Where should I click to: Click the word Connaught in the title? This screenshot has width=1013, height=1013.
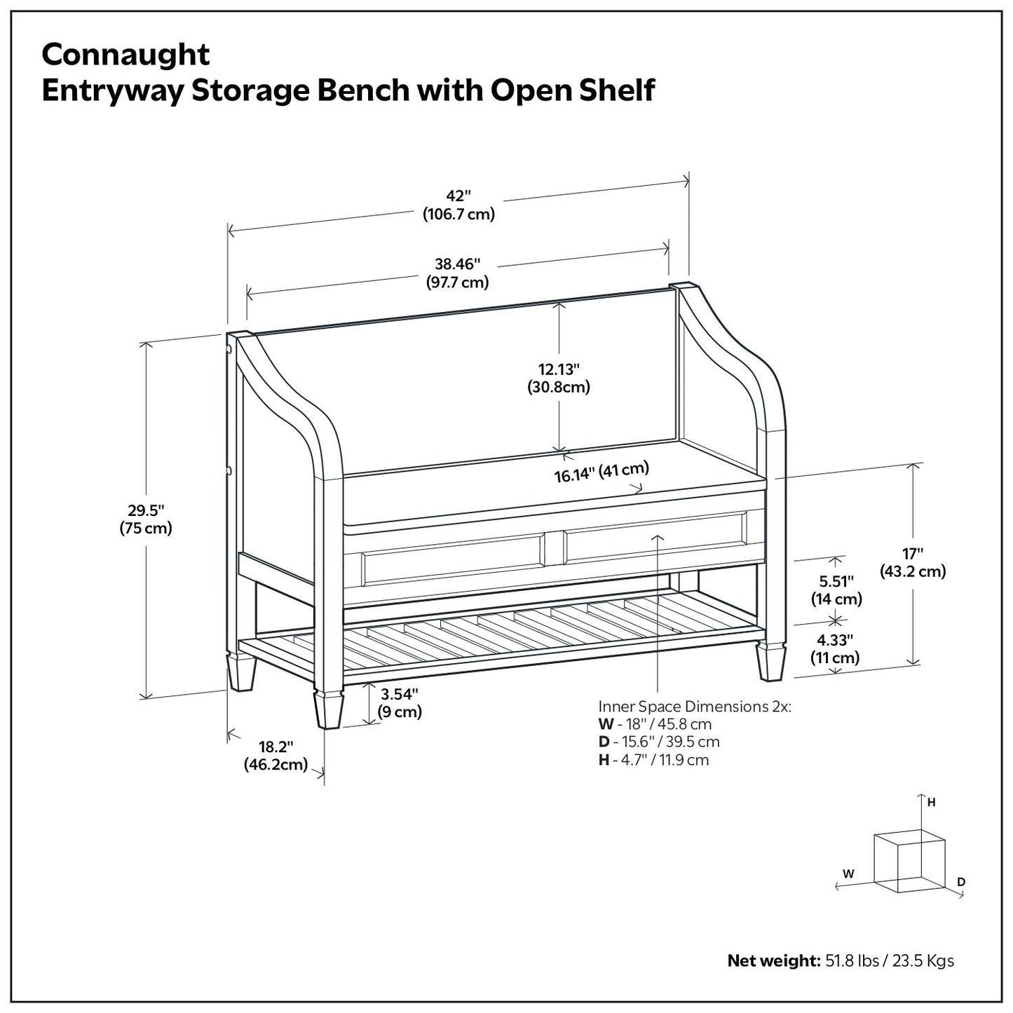coord(125,55)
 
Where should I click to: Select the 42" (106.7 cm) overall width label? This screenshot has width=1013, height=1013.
coord(458,205)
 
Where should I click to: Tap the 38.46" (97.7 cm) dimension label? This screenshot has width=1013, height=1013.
coord(457,273)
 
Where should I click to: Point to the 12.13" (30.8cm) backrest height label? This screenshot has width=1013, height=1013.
coord(559,378)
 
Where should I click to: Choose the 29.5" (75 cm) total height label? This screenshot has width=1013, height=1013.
coord(145,519)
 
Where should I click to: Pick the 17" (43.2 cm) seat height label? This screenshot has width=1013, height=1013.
coord(913,563)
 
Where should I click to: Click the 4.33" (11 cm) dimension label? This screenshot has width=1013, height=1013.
coord(835,648)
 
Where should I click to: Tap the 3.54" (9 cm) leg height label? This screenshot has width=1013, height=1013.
coord(400,703)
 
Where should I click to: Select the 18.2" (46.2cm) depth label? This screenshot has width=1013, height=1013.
coord(276,756)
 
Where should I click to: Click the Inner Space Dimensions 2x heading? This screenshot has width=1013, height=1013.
coord(694,706)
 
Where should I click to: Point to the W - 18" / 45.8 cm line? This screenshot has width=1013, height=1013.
coord(655,724)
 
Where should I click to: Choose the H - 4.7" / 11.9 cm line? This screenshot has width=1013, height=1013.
coord(653,760)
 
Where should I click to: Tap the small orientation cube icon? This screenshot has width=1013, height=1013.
coord(909,861)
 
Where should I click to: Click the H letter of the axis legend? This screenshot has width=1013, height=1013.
coord(931,803)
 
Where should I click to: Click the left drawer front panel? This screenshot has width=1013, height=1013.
coord(453,559)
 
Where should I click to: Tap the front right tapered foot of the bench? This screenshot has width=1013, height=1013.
coord(771,662)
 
